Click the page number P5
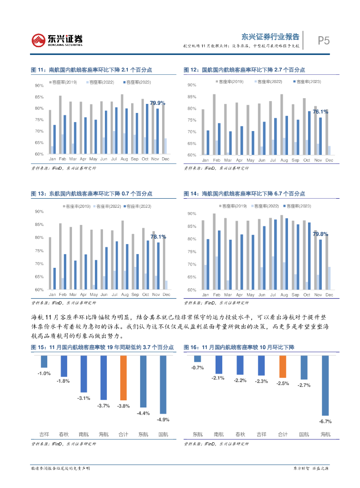pos(324,41)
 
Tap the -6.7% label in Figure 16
pos(325,421)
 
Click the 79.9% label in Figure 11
pos(157,103)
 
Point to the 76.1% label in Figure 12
pos(320,112)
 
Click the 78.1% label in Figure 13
pos(158,236)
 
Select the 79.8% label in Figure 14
pos(320,234)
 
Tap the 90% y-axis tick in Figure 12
pos(192,85)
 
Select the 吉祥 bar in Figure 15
pos(44,361)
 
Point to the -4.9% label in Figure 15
pos(163,419)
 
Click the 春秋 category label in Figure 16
pos(240,434)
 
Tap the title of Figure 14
pos(244,193)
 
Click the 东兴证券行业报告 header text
pos(270,37)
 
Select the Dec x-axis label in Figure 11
pos(165,159)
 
